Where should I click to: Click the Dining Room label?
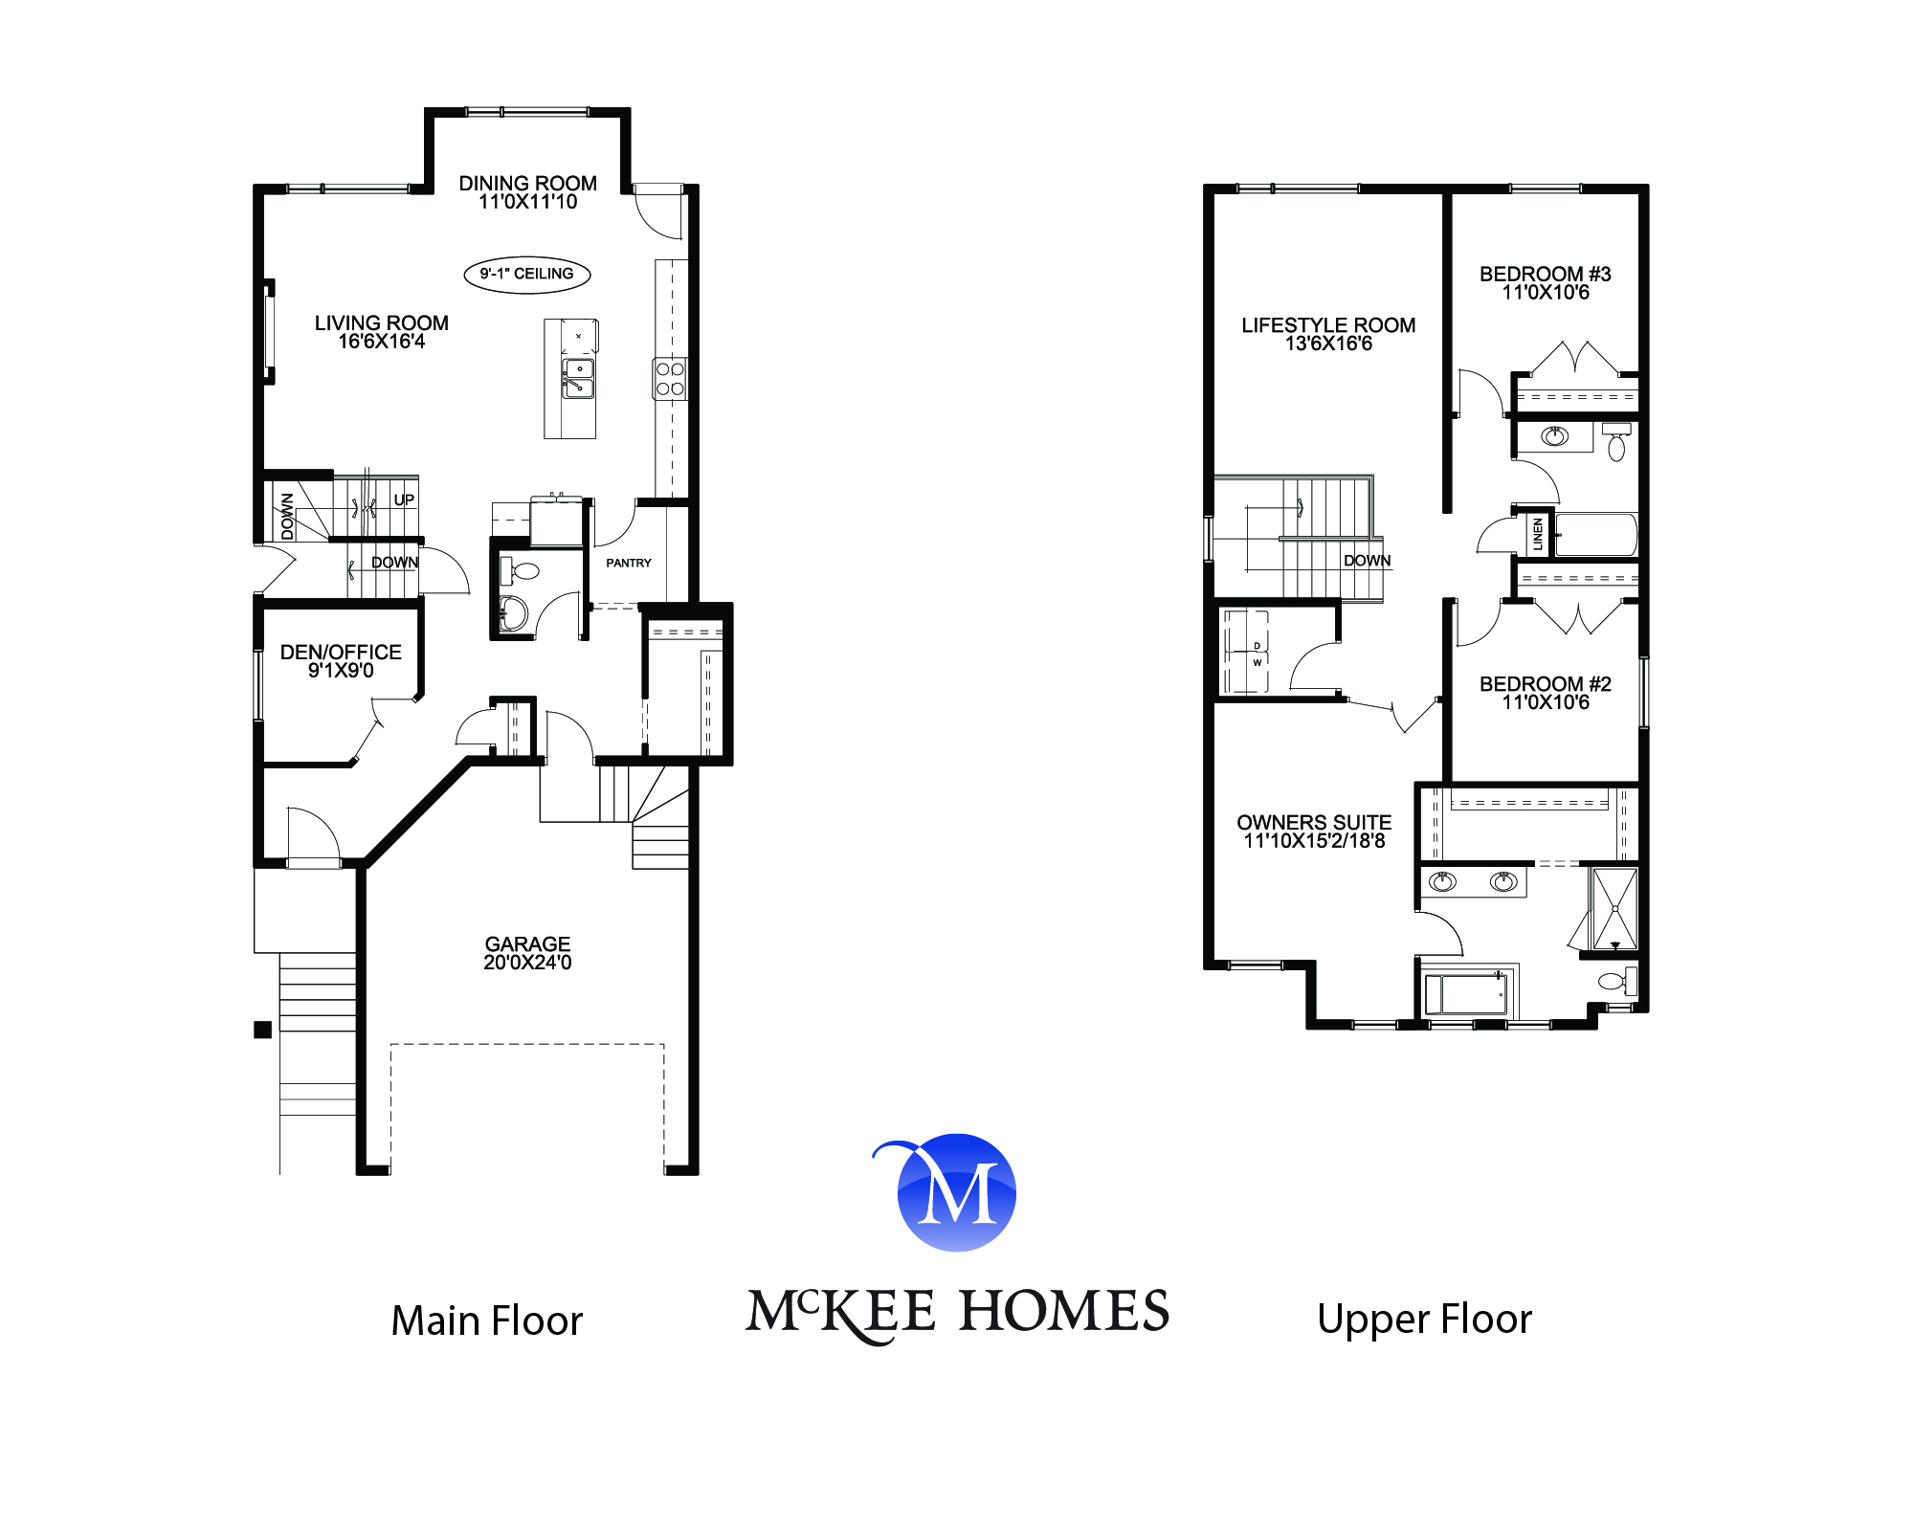pyautogui.click(x=527, y=183)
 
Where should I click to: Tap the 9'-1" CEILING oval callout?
pyautogui.click(x=527, y=275)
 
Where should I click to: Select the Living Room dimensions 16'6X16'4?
pyautogui.click(x=381, y=342)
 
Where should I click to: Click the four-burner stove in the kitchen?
pyautogui.click(x=670, y=379)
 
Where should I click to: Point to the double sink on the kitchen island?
pyautogui.click(x=577, y=379)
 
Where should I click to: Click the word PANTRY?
pyautogui.click(x=629, y=563)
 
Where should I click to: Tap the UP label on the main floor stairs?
pyautogui.click(x=404, y=499)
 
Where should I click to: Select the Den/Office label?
pyautogui.click(x=341, y=653)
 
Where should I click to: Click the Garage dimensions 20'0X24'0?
pyautogui.click(x=527, y=963)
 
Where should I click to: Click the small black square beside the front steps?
pyautogui.click(x=262, y=1030)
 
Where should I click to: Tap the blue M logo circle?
pyautogui.click(x=957, y=1193)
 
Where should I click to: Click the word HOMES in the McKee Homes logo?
pyautogui.click(x=1064, y=1311)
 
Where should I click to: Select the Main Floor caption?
pyautogui.click(x=487, y=1320)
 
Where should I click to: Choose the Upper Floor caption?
pyautogui.click(x=1424, y=1319)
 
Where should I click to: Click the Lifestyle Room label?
pyautogui.click(x=1328, y=325)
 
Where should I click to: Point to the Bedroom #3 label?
pyautogui.click(x=1545, y=275)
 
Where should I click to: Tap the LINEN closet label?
pyautogui.click(x=1538, y=534)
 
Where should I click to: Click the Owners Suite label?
pyautogui.click(x=1314, y=823)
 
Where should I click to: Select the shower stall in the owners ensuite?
pyautogui.click(x=1614, y=908)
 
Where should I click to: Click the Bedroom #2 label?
pyautogui.click(x=1545, y=684)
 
